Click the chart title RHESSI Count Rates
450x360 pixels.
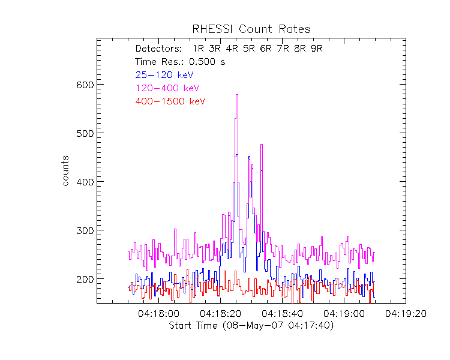[251, 29]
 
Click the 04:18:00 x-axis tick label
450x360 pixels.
[158, 313]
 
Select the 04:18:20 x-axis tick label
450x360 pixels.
[220, 313]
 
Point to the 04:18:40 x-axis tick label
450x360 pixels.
[282, 313]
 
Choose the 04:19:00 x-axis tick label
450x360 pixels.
[344, 313]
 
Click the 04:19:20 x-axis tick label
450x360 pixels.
[406, 313]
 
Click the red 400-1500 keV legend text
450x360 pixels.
[170, 101]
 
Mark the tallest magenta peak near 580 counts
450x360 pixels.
[237, 95]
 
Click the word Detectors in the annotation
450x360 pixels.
[158, 49]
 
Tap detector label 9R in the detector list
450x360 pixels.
[317, 49]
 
